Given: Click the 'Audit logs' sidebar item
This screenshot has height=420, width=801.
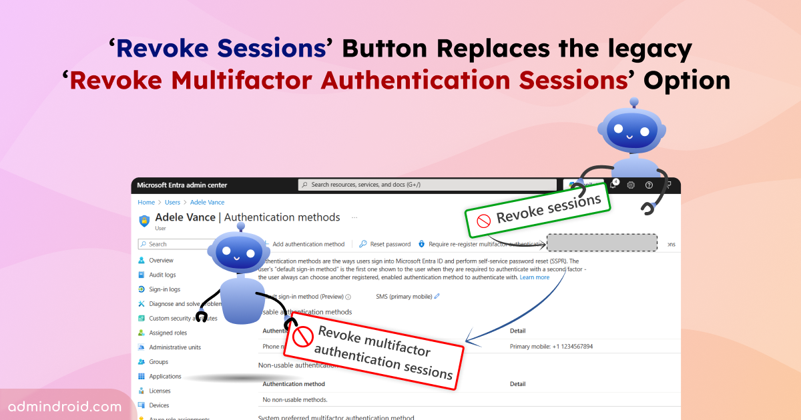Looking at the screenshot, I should point(162,275).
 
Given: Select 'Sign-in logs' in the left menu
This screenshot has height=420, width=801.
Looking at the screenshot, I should point(164,289).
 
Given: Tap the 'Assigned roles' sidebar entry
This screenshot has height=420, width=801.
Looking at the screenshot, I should point(168,333).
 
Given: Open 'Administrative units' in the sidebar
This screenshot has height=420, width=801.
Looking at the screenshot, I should point(174,347).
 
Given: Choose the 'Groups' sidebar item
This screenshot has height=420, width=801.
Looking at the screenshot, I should point(158,362).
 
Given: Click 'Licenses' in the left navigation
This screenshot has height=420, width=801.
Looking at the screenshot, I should point(159,391).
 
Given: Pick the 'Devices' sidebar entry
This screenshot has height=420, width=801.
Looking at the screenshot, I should point(158,405).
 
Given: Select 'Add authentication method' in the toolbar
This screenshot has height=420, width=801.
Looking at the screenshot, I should point(308,244).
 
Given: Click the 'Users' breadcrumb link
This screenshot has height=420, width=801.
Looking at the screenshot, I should point(172,202).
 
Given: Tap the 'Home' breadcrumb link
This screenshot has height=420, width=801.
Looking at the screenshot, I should point(146,202).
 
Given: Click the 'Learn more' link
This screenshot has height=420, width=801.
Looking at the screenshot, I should point(535,277).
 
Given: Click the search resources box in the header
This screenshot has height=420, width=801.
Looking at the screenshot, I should point(427,185).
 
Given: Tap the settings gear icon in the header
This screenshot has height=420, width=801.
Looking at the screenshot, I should point(631,185).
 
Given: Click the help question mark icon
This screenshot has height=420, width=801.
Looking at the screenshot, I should point(649,185).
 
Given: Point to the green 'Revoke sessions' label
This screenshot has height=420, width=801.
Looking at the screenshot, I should point(537,211).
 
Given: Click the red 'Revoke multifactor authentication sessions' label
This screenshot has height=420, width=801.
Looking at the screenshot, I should point(374,348).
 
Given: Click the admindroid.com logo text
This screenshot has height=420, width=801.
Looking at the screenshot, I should point(65,406).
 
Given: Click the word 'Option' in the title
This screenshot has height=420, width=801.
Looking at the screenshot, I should point(687,80).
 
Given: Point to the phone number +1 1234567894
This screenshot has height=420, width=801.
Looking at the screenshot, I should point(551,347).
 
